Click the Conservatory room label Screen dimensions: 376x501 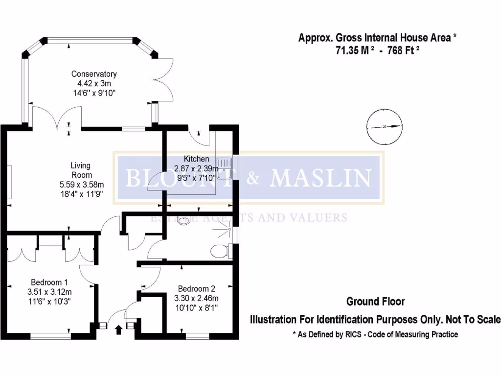[94, 74]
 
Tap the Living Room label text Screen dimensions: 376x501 [81, 170]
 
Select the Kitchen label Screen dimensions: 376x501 [196, 159]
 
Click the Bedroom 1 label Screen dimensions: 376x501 [49, 282]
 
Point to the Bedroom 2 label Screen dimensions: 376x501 [196, 288]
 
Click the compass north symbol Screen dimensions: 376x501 [385, 127]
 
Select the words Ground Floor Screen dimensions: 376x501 [375, 302]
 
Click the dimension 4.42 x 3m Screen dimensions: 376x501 [94, 83]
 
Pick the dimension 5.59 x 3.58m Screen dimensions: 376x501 [81, 184]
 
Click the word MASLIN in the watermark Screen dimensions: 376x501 [320, 178]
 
